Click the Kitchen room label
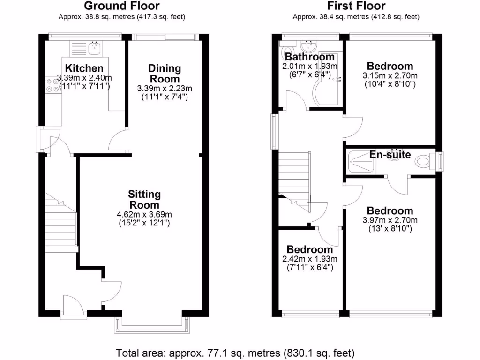[84, 68]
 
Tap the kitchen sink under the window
[96, 46]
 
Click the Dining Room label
[165, 74]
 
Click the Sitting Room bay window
[152, 325]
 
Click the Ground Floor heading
[121, 6]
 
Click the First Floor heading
[356, 6]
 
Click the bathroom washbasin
[308, 46]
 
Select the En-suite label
[390, 155]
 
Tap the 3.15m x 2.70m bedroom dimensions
[390, 75]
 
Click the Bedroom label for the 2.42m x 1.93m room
[310, 249]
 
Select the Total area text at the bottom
[235, 352]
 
